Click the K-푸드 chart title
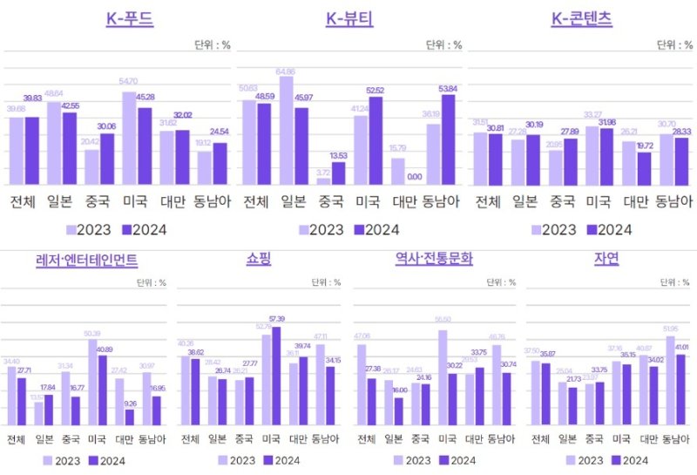(129, 19)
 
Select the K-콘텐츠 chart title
(581, 19)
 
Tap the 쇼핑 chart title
(260, 259)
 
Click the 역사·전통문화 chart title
(433, 259)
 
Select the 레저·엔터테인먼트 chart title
(86, 260)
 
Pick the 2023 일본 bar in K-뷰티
(285, 130)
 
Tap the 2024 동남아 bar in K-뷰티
(449, 139)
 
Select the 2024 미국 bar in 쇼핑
(277, 376)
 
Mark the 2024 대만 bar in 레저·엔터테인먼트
(129, 417)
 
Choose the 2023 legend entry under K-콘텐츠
(552, 230)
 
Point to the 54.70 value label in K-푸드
(128, 81)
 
